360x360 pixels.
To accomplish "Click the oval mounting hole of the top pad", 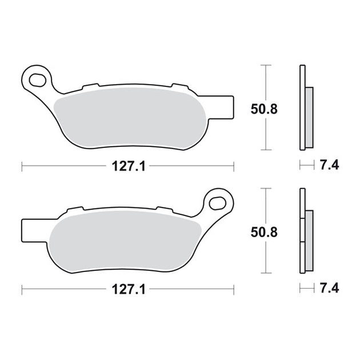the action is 38,80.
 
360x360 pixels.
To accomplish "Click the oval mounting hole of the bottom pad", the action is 217,203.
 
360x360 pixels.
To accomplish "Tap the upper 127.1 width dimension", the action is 129,166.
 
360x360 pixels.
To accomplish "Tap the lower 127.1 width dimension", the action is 129,289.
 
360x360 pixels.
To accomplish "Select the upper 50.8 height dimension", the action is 264,109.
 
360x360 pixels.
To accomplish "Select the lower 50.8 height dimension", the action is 264,233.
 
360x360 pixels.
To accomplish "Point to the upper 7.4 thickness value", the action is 330,165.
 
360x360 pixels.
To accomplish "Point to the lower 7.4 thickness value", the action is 330,288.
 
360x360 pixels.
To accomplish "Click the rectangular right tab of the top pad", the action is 222,107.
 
